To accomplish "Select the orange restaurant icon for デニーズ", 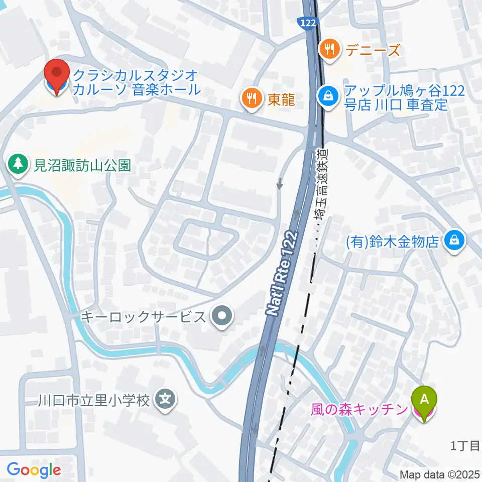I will point(329,49).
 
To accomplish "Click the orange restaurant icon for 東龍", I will point(250,98).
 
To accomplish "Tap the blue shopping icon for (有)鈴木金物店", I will point(454,242).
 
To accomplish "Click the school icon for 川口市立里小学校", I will point(166,400).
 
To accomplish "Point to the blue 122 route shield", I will point(306,22).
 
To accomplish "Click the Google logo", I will point(34,469).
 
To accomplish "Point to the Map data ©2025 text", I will point(440,474).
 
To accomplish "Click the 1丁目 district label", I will point(465,445).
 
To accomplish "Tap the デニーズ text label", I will point(372,49).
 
